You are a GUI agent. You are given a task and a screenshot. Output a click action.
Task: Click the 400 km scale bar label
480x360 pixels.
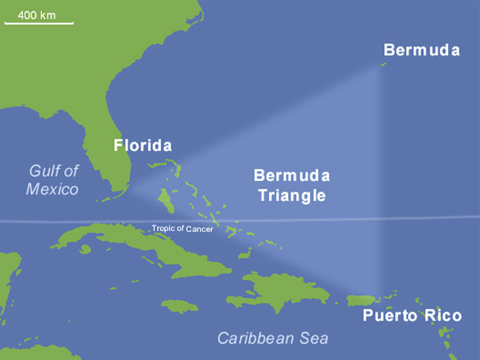pos(38,14)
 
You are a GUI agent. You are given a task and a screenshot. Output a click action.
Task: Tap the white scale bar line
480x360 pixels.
pos(38,23)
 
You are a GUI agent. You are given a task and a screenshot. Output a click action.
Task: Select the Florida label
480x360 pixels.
pos(142,145)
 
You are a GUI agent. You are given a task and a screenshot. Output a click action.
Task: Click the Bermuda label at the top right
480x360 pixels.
pos(422,50)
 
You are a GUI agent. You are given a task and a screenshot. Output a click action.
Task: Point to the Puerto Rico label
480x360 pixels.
pos(412,316)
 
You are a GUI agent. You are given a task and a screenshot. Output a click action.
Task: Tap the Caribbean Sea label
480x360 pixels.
pos(273,338)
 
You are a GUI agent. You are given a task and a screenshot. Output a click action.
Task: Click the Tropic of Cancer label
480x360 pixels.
pos(182,228)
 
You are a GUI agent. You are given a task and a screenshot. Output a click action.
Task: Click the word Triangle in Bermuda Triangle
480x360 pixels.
pos(291,195)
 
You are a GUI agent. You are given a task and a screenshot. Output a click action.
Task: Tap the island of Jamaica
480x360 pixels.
pos(180,304)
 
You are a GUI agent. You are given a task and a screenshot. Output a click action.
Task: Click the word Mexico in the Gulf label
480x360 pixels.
pos(52,189)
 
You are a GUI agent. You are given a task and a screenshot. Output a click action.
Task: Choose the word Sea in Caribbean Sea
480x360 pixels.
pos(313,338)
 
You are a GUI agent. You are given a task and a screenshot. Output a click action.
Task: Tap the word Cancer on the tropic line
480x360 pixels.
pos(200,229)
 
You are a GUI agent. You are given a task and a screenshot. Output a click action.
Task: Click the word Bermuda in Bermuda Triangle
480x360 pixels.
pos(291,176)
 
